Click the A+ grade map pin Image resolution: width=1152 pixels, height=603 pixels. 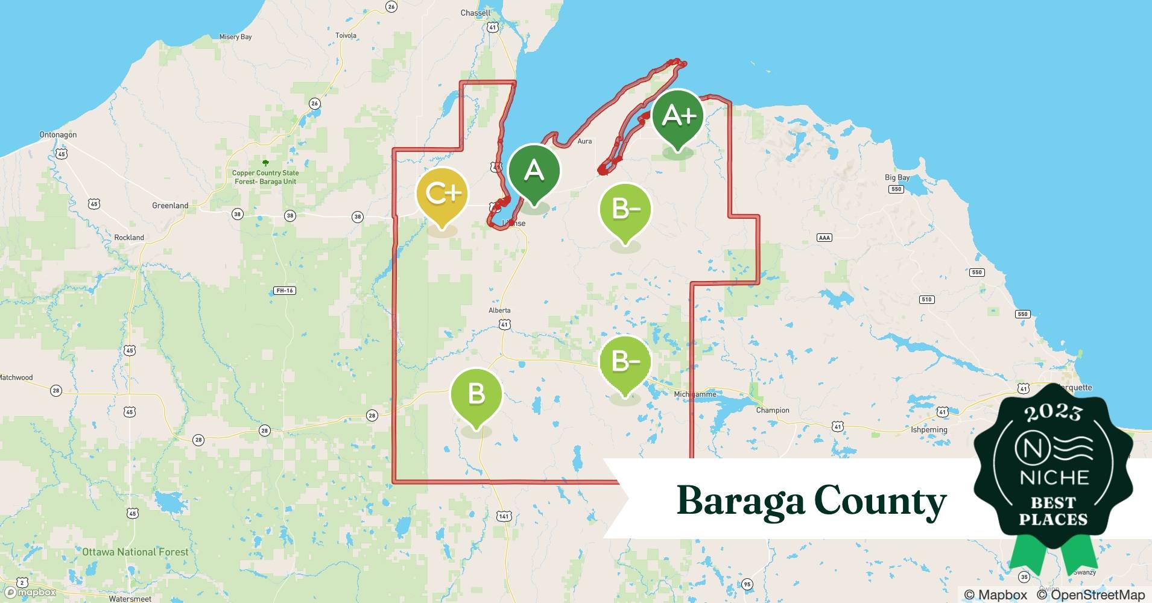point(677,118)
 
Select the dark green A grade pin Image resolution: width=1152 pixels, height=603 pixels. point(534,172)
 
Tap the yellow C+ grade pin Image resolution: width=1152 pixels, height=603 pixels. point(442,194)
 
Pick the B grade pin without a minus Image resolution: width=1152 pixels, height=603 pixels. point(476,395)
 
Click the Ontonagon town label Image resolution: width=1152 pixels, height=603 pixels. point(58,134)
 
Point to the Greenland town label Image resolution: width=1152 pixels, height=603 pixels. point(170,206)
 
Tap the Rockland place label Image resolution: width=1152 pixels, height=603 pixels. point(129,238)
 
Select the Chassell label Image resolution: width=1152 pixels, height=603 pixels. point(475,13)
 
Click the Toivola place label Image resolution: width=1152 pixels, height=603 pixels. point(346,36)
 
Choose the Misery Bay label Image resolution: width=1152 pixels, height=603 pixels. point(235,37)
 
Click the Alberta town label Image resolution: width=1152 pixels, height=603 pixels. point(499,311)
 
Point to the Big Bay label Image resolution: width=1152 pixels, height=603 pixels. point(897,177)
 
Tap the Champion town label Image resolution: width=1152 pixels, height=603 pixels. point(773,410)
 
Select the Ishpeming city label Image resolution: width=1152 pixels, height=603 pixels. point(929,430)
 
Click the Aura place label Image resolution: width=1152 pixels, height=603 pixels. point(584,141)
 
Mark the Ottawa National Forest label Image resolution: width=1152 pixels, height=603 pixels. point(135,552)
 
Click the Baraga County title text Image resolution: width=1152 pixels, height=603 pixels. point(811,500)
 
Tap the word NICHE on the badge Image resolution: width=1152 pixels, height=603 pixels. point(1054,478)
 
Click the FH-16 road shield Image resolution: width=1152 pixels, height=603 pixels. point(284,291)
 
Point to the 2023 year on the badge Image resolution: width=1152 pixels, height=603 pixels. point(1053,413)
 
